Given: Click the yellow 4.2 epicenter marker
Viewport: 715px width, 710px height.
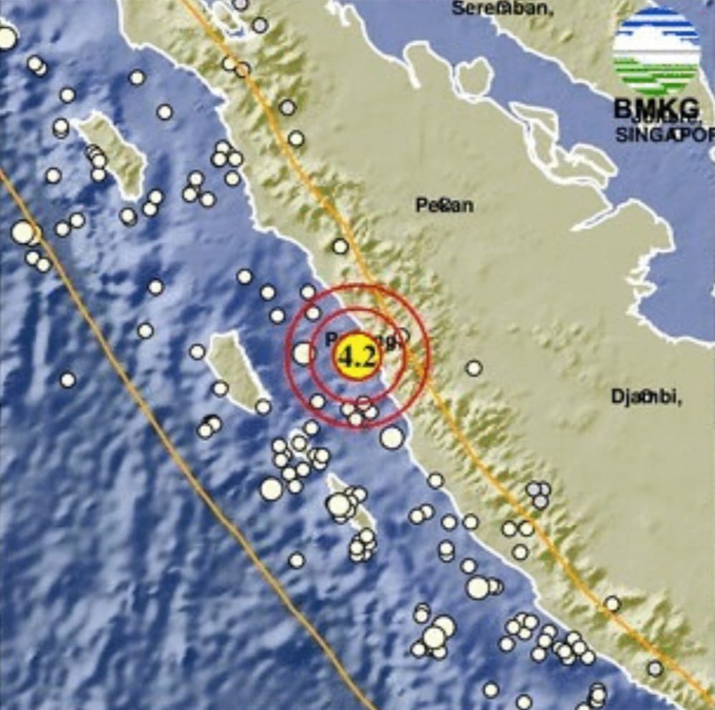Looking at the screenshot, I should (x=356, y=356).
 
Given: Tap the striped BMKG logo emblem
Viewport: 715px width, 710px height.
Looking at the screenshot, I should (x=656, y=52).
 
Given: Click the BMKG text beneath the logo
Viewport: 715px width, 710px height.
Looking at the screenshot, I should (x=656, y=109).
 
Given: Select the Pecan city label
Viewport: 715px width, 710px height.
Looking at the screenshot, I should (x=444, y=206).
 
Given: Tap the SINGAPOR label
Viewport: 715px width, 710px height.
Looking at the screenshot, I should (x=665, y=134).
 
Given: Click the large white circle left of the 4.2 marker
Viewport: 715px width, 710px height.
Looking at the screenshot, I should (x=303, y=352).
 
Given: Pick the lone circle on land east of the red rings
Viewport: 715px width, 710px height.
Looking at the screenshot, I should (x=474, y=368).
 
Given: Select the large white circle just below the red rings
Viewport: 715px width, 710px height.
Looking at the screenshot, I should (x=392, y=437).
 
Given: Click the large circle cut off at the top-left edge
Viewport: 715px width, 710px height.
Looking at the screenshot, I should (x=6, y=37).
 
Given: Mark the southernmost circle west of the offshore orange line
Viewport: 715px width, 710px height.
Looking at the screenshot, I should (x=67, y=380).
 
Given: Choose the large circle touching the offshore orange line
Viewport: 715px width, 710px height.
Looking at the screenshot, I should (x=23, y=232).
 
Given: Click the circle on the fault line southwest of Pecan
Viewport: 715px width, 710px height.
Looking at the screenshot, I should (x=340, y=246).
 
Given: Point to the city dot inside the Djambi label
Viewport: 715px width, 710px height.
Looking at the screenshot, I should (x=647, y=395).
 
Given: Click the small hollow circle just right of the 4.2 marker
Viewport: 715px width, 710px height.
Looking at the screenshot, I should (x=403, y=334).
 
